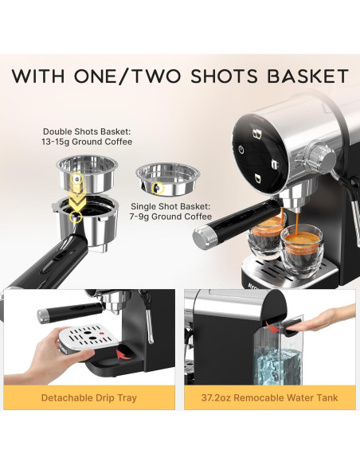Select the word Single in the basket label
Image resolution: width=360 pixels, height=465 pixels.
tap(147, 205)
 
